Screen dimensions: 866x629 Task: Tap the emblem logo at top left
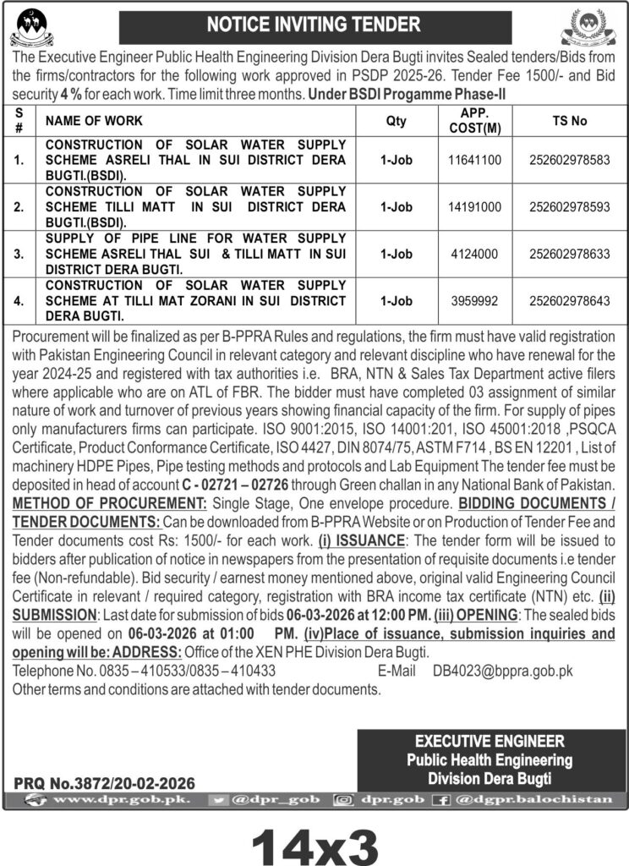(x=31, y=28)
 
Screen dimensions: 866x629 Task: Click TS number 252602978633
(x=568, y=252)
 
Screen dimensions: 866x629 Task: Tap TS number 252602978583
(x=568, y=159)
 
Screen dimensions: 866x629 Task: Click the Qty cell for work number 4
(x=396, y=300)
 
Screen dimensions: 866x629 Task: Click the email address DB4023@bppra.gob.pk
(x=503, y=671)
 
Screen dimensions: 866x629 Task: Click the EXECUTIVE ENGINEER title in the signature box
(x=490, y=742)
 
